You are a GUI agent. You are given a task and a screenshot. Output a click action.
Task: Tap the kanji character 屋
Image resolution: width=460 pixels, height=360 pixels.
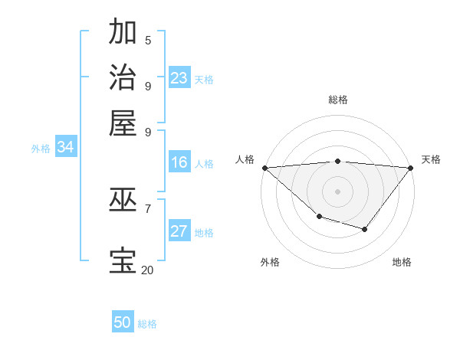pyautogui.click(x=123, y=123)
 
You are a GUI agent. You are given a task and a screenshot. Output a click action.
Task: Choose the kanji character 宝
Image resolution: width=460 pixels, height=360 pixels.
pyautogui.click(x=123, y=261)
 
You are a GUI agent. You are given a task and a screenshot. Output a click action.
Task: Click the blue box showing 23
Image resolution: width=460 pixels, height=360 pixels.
pyautogui.click(x=179, y=78)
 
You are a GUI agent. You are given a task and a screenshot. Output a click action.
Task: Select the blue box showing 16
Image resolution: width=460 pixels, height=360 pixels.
pyautogui.click(x=179, y=162)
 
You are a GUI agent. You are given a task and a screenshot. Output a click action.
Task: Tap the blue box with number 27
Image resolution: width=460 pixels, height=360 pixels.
pyautogui.click(x=179, y=231)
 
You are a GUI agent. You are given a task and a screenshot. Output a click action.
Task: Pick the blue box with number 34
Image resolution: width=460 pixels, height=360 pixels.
pyautogui.click(x=65, y=147)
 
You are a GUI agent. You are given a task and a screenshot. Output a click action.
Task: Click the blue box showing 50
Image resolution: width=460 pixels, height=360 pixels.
pyautogui.click(x=123, y=322)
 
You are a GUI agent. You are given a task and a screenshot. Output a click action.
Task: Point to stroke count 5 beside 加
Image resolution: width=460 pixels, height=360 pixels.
pyautogui.click(x=148, y=40)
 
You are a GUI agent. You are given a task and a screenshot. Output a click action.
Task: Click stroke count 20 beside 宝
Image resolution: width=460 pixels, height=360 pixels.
pyautogui.click(x=147, y=270)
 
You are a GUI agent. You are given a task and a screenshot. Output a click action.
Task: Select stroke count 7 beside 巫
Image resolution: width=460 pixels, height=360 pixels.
pyautogui.click(x=148, y=208)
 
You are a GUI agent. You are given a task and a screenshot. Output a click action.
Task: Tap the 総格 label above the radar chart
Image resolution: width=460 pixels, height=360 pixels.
pyautogui.click(x=338, y=100)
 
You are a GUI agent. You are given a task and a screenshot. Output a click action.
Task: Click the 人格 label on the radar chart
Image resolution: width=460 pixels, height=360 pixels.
pyautogui.click(x=245, y=159)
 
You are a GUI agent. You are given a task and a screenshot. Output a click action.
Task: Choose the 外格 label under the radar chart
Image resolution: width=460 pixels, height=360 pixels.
pyautogui.click(x=270, y=262)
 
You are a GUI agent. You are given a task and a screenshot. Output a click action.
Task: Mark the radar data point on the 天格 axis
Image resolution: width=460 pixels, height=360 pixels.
pyautogui.click(x=411, y=168)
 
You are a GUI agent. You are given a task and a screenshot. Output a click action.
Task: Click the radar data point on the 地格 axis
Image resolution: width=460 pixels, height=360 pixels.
pyautogui.click(x=365, y=229)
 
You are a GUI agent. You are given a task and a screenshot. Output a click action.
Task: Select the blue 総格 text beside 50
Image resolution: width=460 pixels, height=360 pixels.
pyautogui.click(x=147, y=324)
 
